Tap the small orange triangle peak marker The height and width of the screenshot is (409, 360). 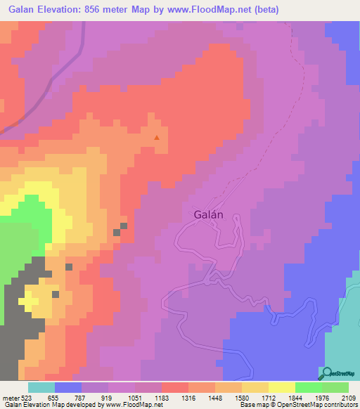point(157,137)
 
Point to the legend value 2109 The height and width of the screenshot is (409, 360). point(348,396)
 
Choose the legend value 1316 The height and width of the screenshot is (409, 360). point(189,396)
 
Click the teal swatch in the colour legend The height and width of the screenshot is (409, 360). point(41,387)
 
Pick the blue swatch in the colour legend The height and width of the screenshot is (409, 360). point(67,387)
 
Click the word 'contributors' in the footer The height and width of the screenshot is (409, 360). point(338,405)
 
